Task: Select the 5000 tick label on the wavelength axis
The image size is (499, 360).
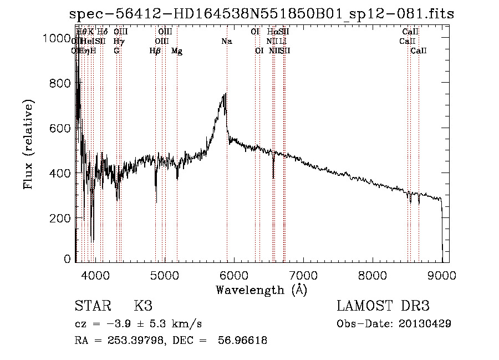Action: [x=164, y=274]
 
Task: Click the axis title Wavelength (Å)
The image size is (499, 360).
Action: [x=261, y=290]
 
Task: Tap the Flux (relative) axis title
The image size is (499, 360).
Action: [x=28, y=144]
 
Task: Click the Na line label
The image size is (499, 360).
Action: [x=226, y=42]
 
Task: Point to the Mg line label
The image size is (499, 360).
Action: [x=177, y=51]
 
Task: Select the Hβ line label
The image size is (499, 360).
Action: [x=155, y=51]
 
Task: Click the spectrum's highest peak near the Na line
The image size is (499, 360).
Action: [x=225, y=94]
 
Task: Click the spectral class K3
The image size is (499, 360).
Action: [x=143, y=306]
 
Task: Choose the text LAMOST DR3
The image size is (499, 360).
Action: [x=383, y=306]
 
